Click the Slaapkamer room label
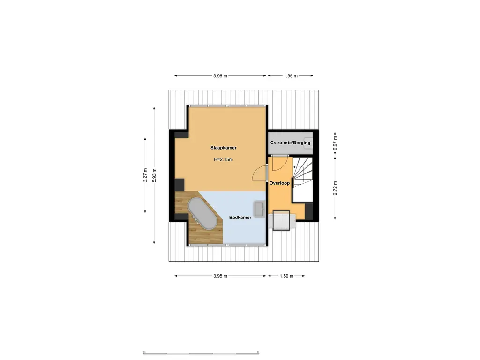tap(223, 148)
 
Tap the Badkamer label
tap(240, 217)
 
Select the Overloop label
tap(279, 183)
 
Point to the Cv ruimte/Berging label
tap(291, 143)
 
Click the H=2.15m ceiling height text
tap(223, 160)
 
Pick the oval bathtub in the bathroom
tap(202, 214)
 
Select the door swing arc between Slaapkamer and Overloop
tap(259, 173)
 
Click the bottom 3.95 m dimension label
tap(220, 276)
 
